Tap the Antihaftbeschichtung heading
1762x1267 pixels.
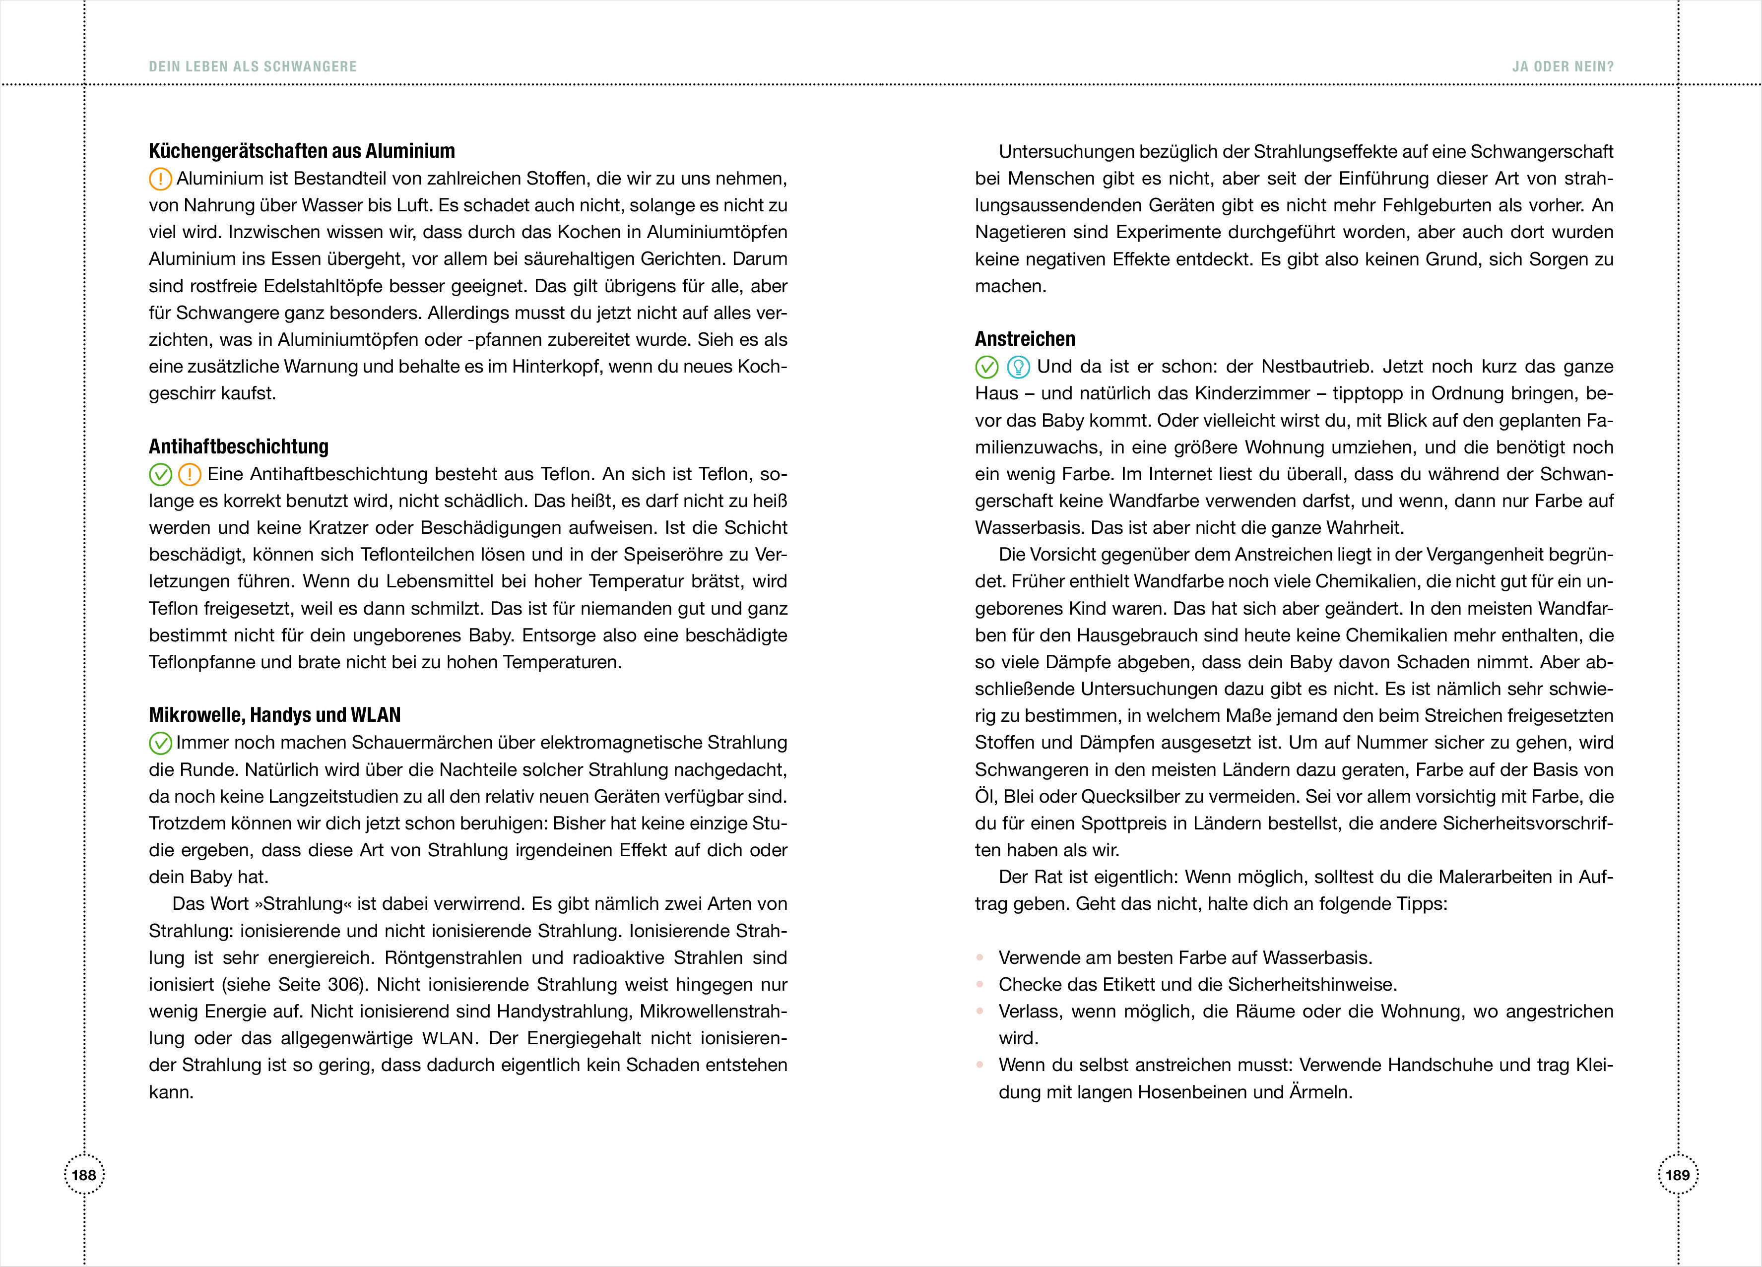[x=239, y=446]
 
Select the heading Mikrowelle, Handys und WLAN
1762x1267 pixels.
[x=274, y=715]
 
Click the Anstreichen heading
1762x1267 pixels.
[x=1025, y=339]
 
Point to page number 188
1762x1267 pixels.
[x=84, y=1175]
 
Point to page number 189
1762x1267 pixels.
[x=1677, y=1175]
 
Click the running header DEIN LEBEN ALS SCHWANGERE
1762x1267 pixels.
[x=253, y=67]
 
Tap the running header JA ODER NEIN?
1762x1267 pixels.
[x=1563, y=67]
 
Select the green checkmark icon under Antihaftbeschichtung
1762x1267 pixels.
[x=160, y=475]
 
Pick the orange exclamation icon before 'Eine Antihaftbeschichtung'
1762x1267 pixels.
[x=190, y=475]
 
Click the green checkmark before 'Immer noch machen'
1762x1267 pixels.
[x=160, y=744]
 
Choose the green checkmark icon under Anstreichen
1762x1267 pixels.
[x=986, y=367]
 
